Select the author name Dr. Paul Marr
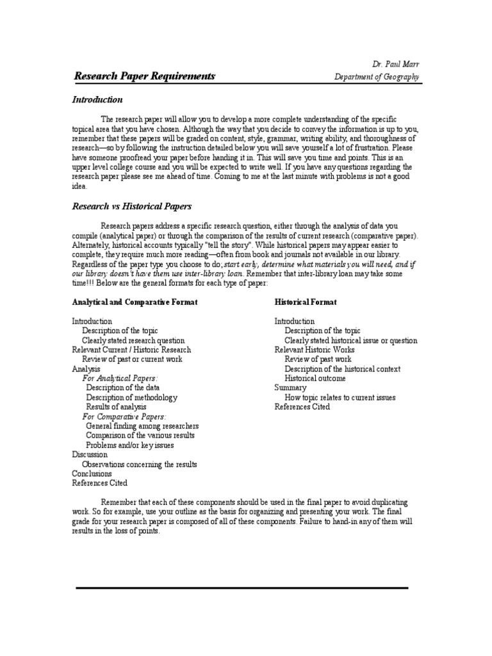[395, 64]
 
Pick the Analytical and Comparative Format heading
[135, 302]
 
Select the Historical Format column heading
[306, 302]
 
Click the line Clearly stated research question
[133, 341]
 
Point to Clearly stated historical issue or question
[350, 341]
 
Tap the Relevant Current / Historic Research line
[131, 350]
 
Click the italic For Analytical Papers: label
[120, 379]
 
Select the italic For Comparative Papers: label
[125, 416]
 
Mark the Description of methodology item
[132, 397]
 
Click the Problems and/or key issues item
[130, 445]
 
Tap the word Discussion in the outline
[90, 454]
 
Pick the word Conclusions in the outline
[92, 473]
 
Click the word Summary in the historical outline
[290, 388]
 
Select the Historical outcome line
[315, 379]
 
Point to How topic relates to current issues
[340, 397]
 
